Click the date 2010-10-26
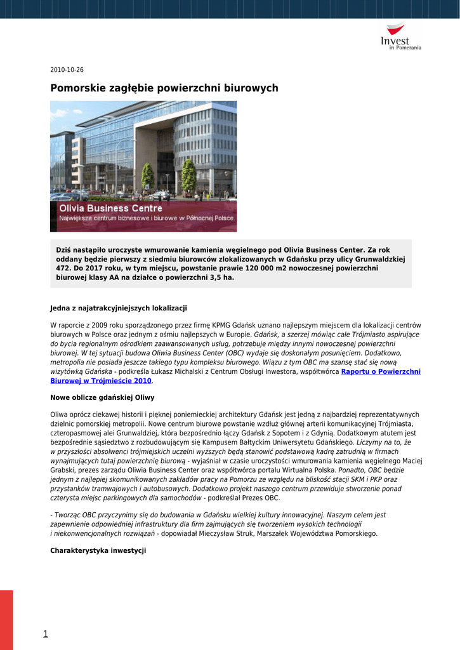[x=67, y=70]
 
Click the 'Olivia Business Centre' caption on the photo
[x=110, y=208]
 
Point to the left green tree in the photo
[x=147, y=176]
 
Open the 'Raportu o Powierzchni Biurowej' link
[x=381, y=371]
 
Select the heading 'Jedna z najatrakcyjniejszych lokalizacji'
[x=119, y=308]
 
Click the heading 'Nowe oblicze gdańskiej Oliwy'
[x=102, y=397]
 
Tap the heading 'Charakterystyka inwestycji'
[x=98, y=550]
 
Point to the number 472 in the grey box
[x=63, y=269]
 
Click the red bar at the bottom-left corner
[x=6, y=620]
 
